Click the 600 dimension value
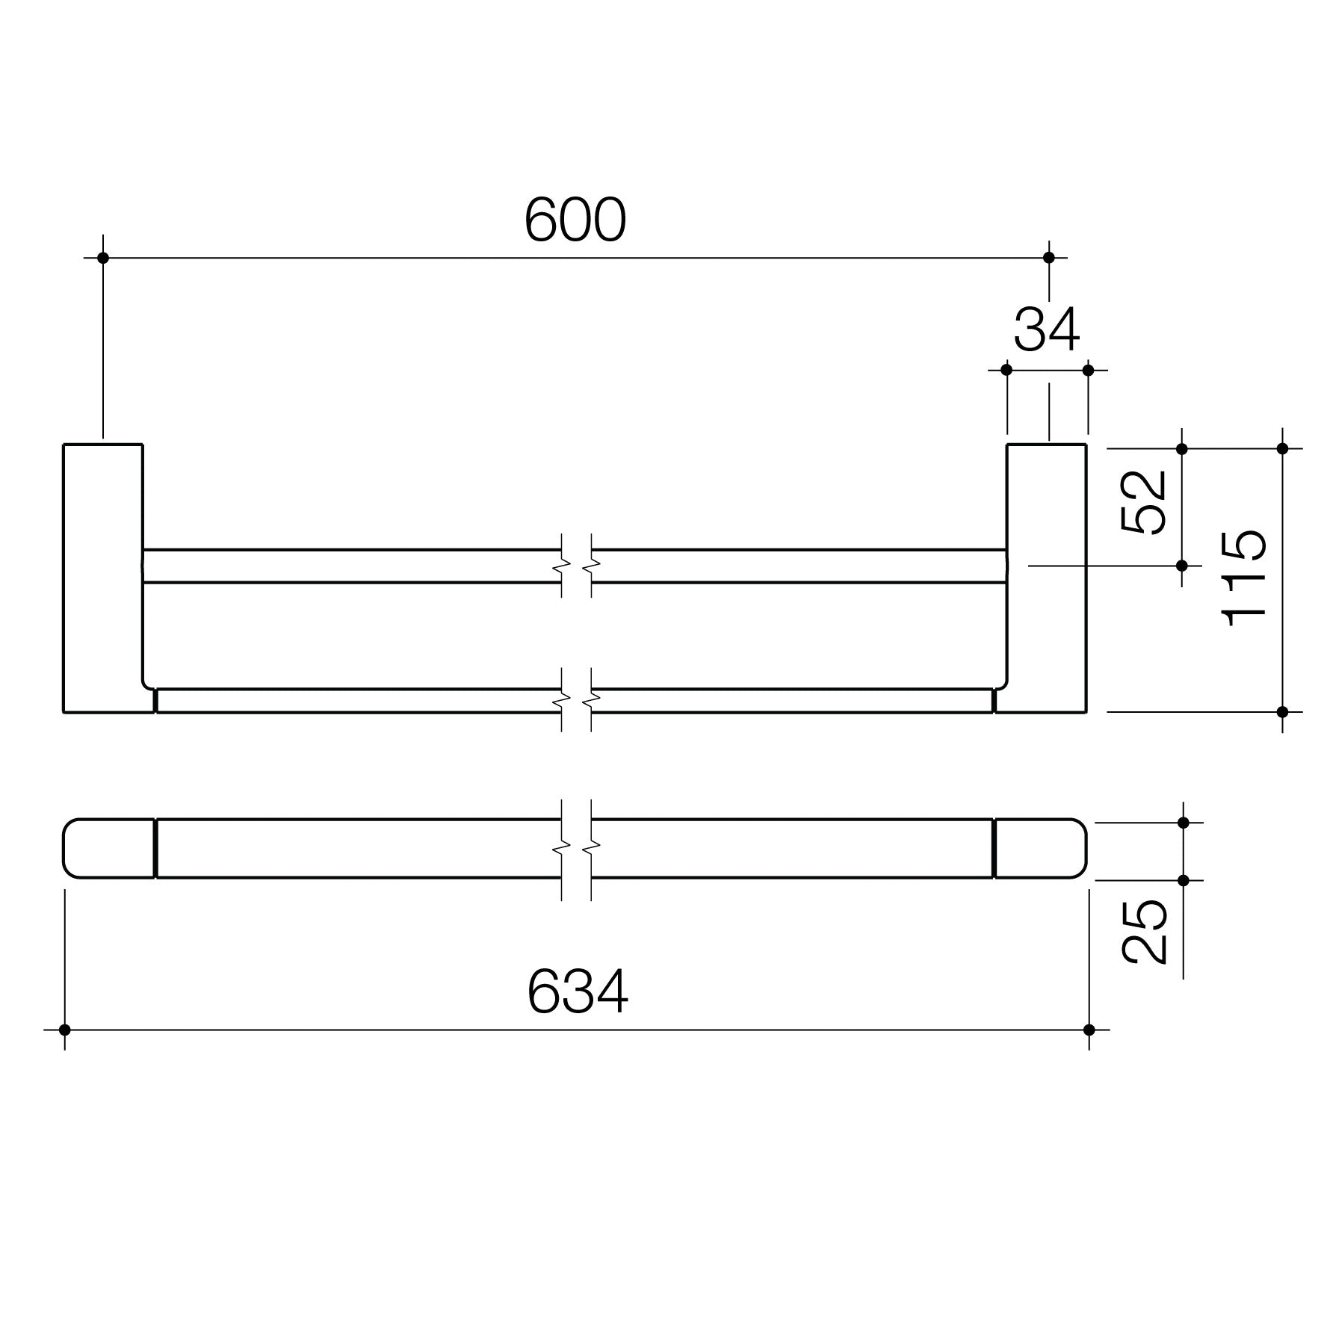coord(575,220)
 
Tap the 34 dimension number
coord(1046,330)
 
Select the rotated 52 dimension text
coord(1144,502)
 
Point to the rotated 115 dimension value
coord(1244,578)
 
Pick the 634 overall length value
coord(578,992)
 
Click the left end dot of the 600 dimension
coord(103,258)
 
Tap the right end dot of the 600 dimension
coord(1048,258)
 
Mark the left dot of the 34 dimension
coord(1006,370)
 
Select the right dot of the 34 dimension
coord(1088,370)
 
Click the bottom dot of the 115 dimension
coord(1283,711)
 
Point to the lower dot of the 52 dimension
coord(1182,566)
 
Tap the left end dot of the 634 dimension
coord(64,1030)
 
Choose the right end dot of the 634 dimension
coord(1089,1030)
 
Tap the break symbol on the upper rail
coord(576,566)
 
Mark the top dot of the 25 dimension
coord(1183,823)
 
